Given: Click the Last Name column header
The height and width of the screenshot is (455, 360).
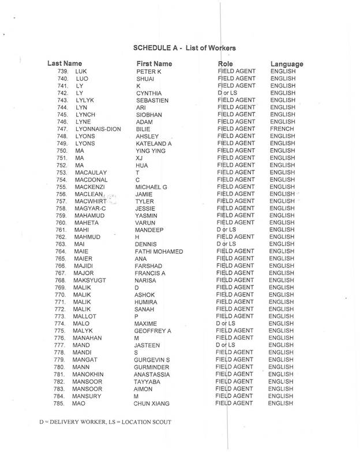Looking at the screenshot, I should pos(64,63).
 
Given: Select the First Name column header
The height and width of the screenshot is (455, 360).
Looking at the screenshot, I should pos(154,63).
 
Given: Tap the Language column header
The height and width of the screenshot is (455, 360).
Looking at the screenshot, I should pos(287,63).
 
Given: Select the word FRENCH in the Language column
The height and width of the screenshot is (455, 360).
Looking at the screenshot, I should pos(283,129).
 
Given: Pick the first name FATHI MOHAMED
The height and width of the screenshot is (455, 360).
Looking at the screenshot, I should pos(159,251).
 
